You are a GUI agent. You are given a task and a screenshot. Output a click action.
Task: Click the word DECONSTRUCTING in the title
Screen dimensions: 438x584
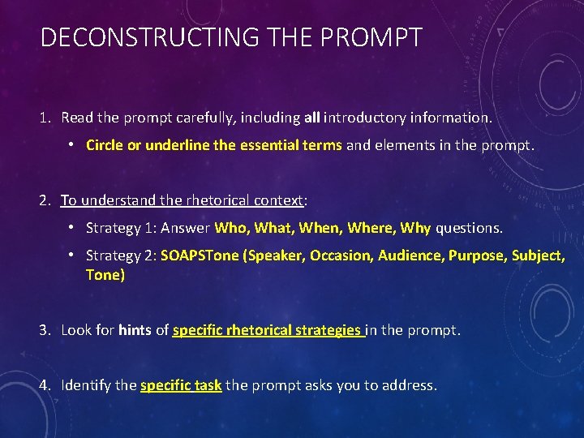click(151, 37)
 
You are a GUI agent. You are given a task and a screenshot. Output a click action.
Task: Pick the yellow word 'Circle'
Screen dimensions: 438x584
click(104, 146)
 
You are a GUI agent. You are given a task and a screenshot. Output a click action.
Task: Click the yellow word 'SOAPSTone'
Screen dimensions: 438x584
click(200, 255)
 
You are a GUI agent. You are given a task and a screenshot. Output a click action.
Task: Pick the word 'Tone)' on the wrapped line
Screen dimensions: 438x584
click(105, 276)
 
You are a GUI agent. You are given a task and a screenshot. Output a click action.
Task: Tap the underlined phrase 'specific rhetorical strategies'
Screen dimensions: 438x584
click(268, 331)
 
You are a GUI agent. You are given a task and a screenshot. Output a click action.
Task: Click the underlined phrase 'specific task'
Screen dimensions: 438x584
click(181, 385)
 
